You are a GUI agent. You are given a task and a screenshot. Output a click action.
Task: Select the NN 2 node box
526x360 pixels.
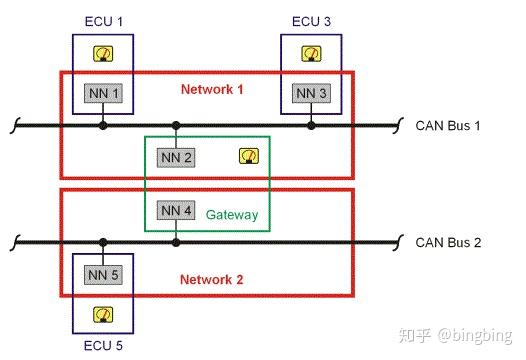(175, 156)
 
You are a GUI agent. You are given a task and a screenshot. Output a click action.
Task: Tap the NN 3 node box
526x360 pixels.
(310, 93)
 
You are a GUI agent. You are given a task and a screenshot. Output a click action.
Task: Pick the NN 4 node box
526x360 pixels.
(175, 210)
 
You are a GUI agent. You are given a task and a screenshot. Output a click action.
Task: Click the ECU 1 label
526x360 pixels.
(101, 21)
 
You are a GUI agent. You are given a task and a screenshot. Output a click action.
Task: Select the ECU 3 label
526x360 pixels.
(310, 21)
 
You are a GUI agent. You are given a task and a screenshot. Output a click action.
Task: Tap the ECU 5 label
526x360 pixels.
(102, 346)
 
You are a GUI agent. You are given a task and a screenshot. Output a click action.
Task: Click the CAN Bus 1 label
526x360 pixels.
(449, 126)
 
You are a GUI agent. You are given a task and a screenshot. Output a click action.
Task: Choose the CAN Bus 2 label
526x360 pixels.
(449, 243)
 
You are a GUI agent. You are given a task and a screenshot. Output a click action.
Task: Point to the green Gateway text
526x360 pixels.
(232, 215)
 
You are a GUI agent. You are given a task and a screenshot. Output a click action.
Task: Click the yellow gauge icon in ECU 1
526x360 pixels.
(102, 55)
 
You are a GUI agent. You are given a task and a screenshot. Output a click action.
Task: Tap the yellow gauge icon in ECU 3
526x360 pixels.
(310, 55)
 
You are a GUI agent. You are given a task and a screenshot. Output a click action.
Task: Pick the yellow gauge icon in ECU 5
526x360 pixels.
(102, 314)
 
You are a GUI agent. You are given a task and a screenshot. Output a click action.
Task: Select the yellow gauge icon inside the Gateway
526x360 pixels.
(247, 156)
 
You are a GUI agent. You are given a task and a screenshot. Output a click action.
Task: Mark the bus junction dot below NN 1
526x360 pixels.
(103, 126)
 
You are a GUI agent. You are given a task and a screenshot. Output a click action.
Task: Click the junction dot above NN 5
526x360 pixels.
(102, 242)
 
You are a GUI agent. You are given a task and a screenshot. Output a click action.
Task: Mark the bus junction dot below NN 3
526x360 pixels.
(311, 126)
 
